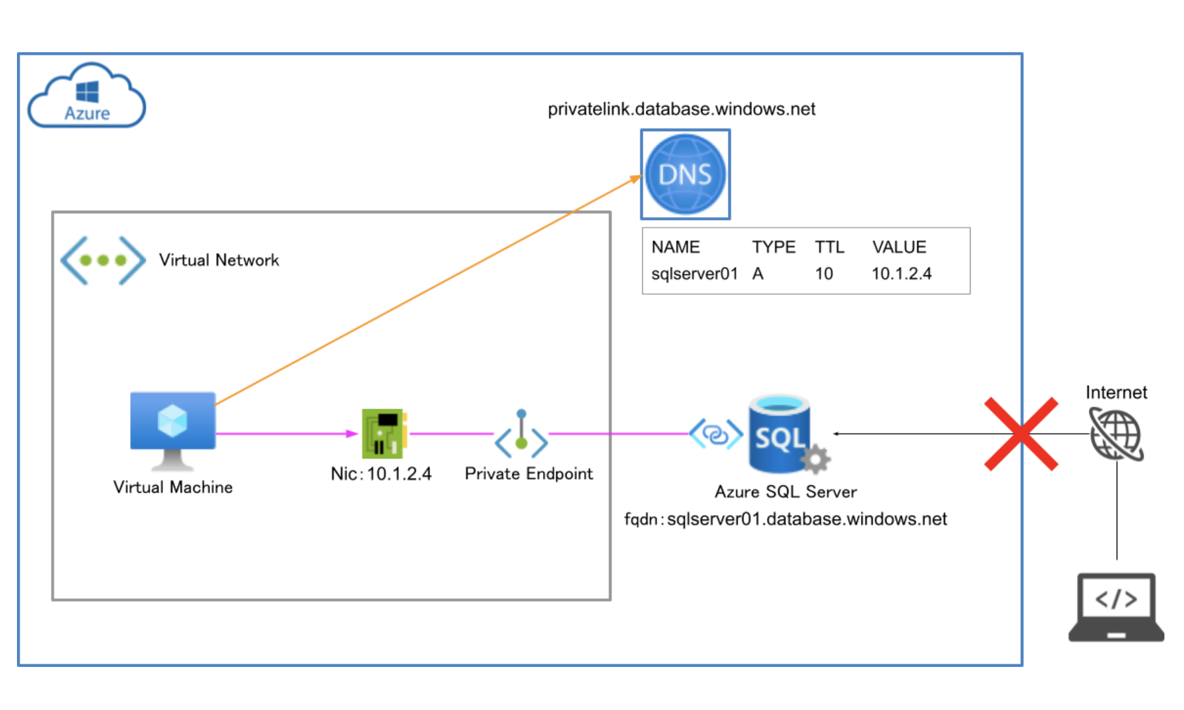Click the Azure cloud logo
click(x=86, y=97)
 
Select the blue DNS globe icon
click(x=685, y=174)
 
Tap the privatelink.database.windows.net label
click(x=681, y=109)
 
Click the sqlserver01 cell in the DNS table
click(x=694, y=273)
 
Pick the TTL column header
click(x=829, y=247)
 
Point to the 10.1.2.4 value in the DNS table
click(x=901, y=273)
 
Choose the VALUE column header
click(x=899, y=247)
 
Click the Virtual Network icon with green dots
click(x=102, y=260)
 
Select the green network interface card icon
click(x=383, y=433)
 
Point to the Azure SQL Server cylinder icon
click(x=779, y=433)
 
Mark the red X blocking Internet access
click(x=1021, y=434)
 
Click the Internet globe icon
click(x=1116, y=434)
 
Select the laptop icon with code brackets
click(x=1115, y=607)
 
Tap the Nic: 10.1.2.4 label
click(x=381, y=474)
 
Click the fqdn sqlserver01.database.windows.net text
click(x=785, y=519)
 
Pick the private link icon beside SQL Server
click(x=716, y=434)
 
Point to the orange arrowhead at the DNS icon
click(x=636, y=178)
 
